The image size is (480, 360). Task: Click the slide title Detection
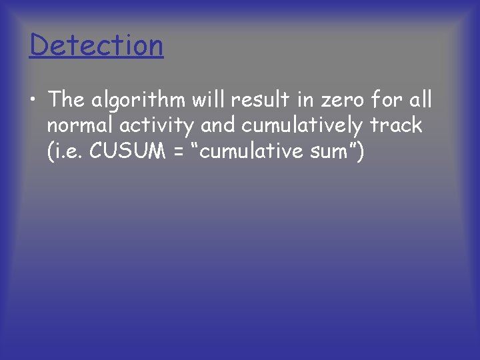(x=97, y=45)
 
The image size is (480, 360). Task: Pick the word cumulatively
(x=298, y=126)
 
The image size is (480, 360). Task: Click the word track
(x=398, y=126)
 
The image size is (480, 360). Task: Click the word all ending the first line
(x=420, y=100)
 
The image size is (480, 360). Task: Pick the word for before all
(x=383, y=100)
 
